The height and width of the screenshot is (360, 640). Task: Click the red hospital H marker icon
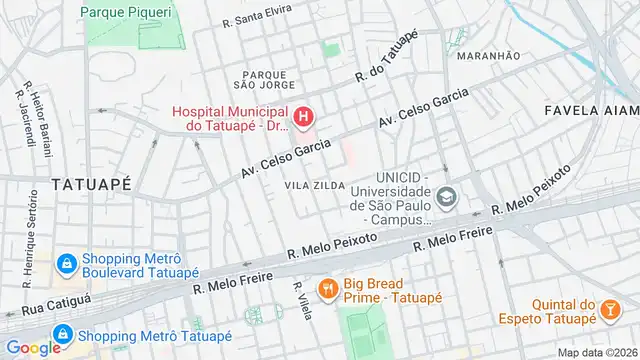[303, 118]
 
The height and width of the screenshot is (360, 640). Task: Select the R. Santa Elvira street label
[258, 20]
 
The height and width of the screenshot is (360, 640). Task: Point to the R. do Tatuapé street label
[385, 63]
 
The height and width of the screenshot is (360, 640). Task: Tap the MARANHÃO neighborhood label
[488, 56]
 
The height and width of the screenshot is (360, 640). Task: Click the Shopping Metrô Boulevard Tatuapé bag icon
[66, 263]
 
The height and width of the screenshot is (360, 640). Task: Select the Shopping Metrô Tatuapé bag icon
[62, 334]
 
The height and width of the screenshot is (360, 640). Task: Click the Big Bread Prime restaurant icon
[326, 290]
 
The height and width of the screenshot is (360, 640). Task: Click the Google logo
[33, 347]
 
